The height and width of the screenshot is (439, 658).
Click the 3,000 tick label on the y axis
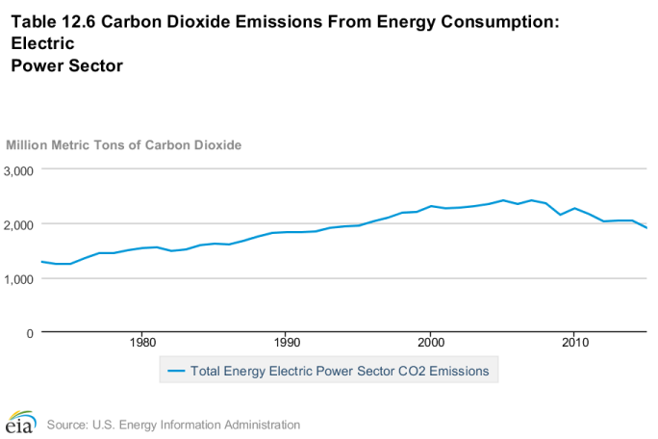click(x=19, y=170)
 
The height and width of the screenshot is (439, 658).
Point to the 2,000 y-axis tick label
click(x=19, y=224)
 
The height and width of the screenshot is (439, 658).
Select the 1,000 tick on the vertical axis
click(x=19, y=278)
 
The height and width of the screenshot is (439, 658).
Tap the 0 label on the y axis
click(x=31, y=333)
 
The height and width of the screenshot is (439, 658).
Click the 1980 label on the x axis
click(x=142, y=343)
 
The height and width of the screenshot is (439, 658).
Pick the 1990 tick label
click(x=287, y=343)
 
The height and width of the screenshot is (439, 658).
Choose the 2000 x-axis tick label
click(x=430, y=343)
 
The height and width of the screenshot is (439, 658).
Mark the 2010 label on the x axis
click(x=574, y=343)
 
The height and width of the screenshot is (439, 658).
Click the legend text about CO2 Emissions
click(x=340, y=370)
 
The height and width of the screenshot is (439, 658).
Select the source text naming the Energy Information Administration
click(x=173, y=425)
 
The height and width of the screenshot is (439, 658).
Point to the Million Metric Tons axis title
click(x=124, y=144)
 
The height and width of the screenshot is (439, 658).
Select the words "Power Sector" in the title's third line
click(x=66, y=66)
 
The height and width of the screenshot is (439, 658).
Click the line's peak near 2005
click(x=503, y=200)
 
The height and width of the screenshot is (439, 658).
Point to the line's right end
click(x=646, y=228)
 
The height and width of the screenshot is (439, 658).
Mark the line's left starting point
click(x=40, y=261)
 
